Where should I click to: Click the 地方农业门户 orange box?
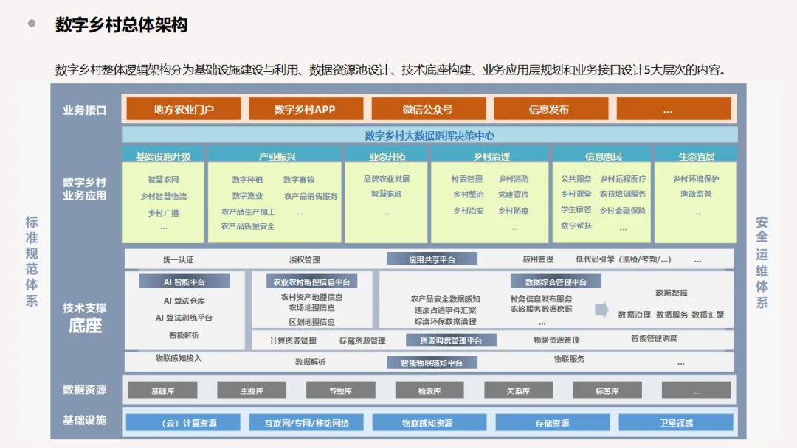click(184, 109)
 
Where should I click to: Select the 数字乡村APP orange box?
click(305, 109)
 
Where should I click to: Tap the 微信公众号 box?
click(427, 109)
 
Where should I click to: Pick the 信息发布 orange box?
click(549, 109)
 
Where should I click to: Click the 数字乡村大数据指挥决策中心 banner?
click(429, 135)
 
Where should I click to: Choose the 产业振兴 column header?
click(275, 155)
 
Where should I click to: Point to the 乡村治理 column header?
click(490, 155)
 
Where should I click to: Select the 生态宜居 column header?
click(695, 155)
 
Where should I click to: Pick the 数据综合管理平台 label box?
click(556, 281)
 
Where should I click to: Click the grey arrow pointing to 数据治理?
click(601, 310)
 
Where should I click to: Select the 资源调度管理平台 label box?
click(451, 340)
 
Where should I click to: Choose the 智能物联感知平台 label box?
click(432, 363)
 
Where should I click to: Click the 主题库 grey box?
click(252, 391)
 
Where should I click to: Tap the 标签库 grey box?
click(607, 391)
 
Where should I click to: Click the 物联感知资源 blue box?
click(429, 423)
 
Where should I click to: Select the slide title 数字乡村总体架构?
click(122, 25)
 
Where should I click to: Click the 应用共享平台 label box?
click(432, 259)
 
